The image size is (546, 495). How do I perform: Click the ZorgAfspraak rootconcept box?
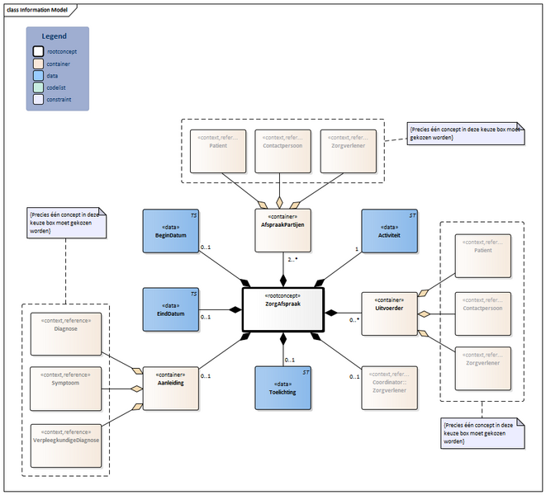(x=283, y=309)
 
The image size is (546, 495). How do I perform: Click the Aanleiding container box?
(x=170, y=388)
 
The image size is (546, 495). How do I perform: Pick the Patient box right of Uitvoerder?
(x=483, y=257)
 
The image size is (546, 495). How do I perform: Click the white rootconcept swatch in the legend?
(x=38, y=51)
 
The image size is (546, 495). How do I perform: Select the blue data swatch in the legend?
(x=38, y=75)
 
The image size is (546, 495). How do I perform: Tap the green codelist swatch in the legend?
(x=38, y=87)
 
